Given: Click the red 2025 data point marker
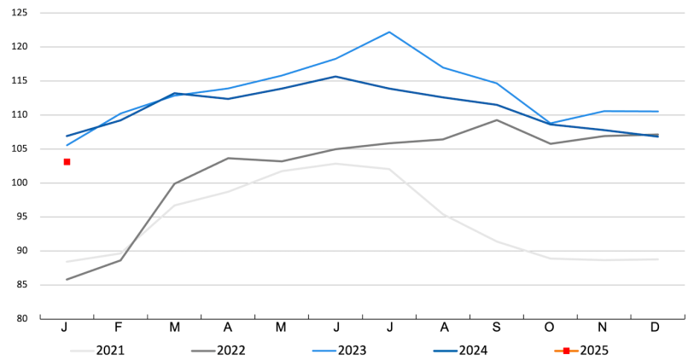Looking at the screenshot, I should [67, 161].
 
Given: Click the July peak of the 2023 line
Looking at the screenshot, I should [389, 32].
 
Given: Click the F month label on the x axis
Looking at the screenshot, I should [120, 328].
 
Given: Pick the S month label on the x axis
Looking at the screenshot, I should [497, 328].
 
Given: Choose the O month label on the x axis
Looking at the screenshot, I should [551, 328].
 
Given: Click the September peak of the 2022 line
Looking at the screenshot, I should [497, 119].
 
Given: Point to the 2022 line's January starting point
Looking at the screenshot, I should [67, 279].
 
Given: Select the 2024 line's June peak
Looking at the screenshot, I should [335, 77].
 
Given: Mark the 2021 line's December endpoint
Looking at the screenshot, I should [658, 259].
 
